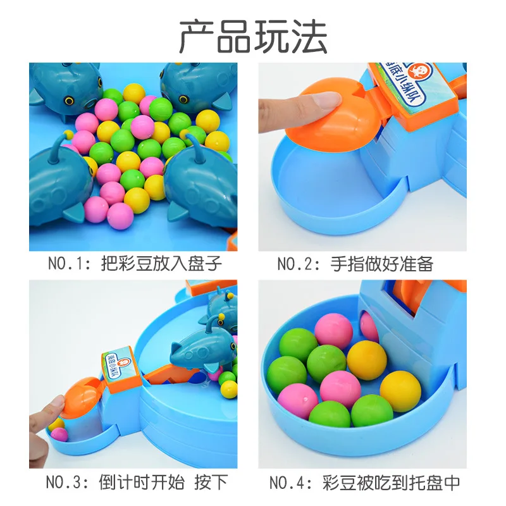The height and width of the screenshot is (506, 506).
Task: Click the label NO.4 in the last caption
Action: pos(289,483)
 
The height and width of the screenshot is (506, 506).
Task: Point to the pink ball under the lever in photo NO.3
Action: pos(59,435)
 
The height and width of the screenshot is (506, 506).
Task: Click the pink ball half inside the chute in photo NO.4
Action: pos(369,326)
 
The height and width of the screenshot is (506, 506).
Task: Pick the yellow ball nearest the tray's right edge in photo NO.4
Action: pos(400,391)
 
